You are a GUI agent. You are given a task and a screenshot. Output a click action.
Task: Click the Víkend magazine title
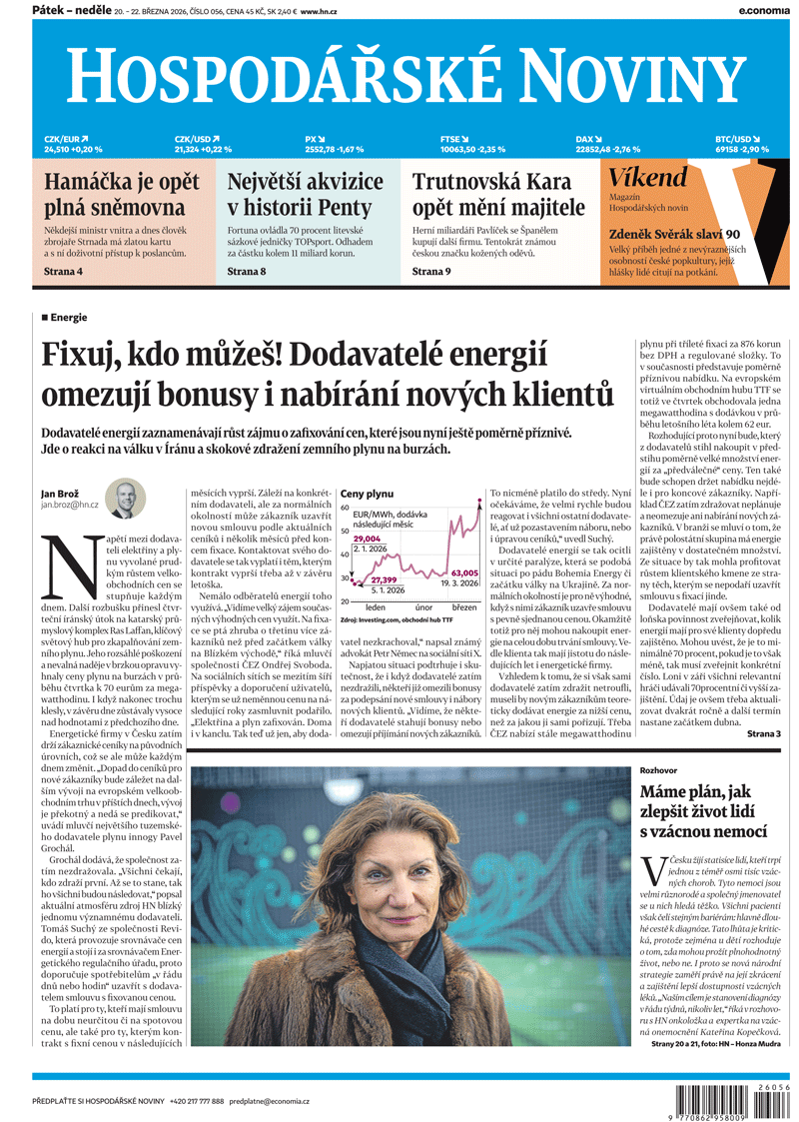[x=648, y=179]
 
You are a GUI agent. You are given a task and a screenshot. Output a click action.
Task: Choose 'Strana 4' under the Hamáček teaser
[x=63, y=271]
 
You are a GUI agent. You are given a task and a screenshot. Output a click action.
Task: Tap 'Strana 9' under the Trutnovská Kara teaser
[x=432, y=271]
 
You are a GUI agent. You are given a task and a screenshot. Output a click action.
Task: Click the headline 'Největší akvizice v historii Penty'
[x=306, y=195]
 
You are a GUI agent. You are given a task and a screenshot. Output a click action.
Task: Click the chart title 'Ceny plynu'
[x=368, y=495]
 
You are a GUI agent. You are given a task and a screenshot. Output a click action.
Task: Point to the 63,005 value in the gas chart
[x=464, y=573]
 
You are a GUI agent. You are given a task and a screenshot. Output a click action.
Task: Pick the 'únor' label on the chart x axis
[x=423, y=607]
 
